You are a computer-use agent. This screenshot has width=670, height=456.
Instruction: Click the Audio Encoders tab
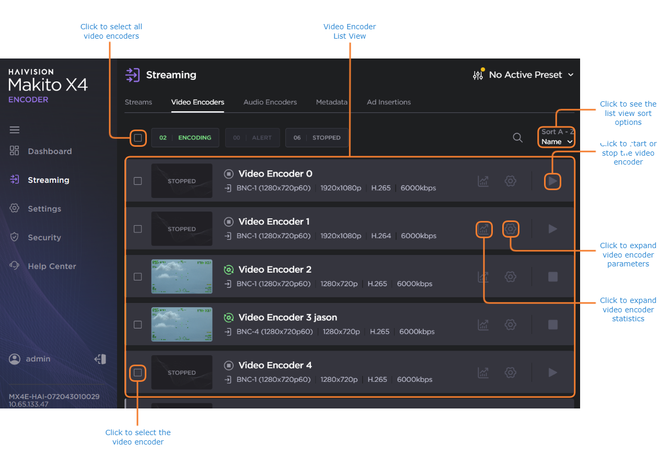coord(270,102)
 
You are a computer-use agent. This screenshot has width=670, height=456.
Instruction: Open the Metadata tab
coord(331,102)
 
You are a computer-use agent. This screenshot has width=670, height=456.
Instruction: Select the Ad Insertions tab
coord(388,102)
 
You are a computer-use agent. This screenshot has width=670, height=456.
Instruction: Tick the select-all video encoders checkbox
coord(137,138)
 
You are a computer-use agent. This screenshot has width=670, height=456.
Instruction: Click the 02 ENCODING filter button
coord(185,138)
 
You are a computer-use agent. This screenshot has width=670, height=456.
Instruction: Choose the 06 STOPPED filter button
coord(317,138)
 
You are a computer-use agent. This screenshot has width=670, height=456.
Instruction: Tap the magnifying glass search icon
coord(517,138)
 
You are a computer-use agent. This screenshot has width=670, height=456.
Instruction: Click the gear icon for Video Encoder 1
coord(511,229)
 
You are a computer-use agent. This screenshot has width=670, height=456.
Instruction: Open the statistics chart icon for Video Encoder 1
coord(483,229)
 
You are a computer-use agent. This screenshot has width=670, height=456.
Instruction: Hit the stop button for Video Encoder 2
coord(553,277)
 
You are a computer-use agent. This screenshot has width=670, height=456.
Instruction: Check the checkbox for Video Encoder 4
coord(137,372)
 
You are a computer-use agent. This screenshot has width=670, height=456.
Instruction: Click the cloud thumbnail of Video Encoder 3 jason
coord(182,324)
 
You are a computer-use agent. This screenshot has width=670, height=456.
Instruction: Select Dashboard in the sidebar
coord(50,151)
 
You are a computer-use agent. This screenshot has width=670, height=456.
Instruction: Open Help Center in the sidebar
coord(52,266)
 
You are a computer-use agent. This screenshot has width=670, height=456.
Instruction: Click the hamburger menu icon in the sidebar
coord(15,130)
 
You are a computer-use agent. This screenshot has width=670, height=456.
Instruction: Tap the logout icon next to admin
coord(100,359)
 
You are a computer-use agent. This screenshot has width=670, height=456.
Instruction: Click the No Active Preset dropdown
coord(523,75)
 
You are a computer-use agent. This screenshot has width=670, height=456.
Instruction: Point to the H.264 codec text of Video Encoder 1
coord(381,236)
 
